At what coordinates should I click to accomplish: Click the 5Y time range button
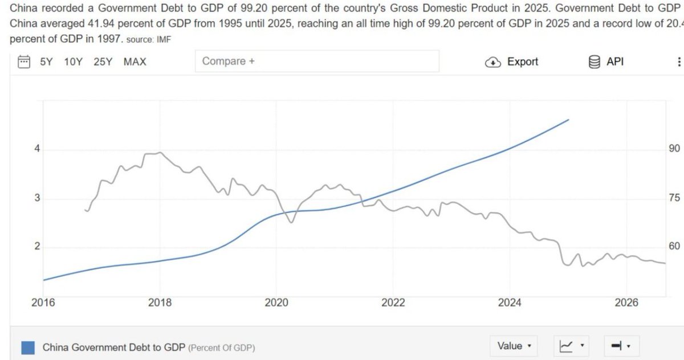tap(46, 62)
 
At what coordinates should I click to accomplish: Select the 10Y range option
tap(74, 62)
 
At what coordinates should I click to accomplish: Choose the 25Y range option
tap(103, 62)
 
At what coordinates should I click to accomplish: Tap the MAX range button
tap(135, 62)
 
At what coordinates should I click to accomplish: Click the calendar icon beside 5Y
tap(24, 62)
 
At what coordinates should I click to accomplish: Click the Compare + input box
tap(317, 62)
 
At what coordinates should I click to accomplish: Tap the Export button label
tap(523, 62)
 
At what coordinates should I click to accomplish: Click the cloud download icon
tap(493, 62)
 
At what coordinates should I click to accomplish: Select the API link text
tap(615, 62)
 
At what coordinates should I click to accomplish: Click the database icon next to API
tap(594, 62)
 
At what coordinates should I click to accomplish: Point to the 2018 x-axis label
tap(160, 302)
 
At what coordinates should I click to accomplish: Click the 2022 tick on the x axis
tap(393, 302)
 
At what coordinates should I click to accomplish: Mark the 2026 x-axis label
tap(626, 302)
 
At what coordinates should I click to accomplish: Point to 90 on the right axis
tap(674, 149)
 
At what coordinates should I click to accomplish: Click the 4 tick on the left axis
tap(37, 149)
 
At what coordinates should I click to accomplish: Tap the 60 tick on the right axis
tap(674, 246)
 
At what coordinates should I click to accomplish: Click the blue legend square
tap(28, 348)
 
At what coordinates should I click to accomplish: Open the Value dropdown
tap(514, 346)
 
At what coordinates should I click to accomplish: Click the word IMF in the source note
tap(164, 40)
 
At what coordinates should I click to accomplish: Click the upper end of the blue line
tap(569, 120)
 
